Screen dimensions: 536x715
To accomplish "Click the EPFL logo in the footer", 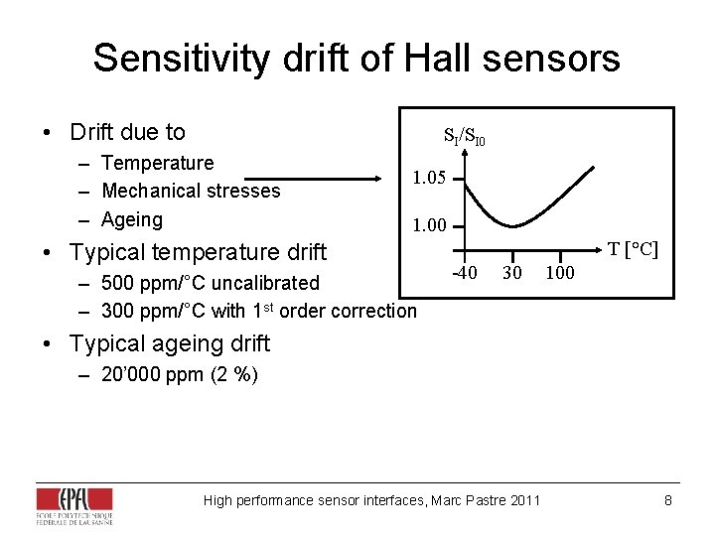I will (x=74, y=504).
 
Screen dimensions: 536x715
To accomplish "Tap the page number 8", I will (x=668, y=500).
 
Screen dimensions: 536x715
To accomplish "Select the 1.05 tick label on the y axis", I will (x=429, y=179).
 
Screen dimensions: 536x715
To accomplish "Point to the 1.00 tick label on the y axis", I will (x=429, y=225).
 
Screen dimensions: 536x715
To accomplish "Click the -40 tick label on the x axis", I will (x=464, y=272).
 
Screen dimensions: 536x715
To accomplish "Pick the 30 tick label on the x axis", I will (x=511, y=272).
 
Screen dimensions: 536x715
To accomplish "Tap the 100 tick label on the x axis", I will (x=560, y=272).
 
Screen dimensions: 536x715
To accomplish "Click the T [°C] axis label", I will (x=633, y=249).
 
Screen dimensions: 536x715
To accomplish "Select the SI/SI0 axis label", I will (x=464, y=137).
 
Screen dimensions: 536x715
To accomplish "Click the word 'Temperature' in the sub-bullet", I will (x=157, y=163).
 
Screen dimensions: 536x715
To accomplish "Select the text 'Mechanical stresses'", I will (x=191, y=191).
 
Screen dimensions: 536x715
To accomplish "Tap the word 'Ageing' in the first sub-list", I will (x=132, y=219).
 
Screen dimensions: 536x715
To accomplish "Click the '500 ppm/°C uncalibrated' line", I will (x=210, y=283).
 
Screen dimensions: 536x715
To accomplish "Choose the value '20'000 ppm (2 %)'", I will (x=180, y=375).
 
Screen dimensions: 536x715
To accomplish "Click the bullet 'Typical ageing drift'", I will (x=169, y=343).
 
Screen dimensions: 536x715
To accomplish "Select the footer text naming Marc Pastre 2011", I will (x=371, y=500).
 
